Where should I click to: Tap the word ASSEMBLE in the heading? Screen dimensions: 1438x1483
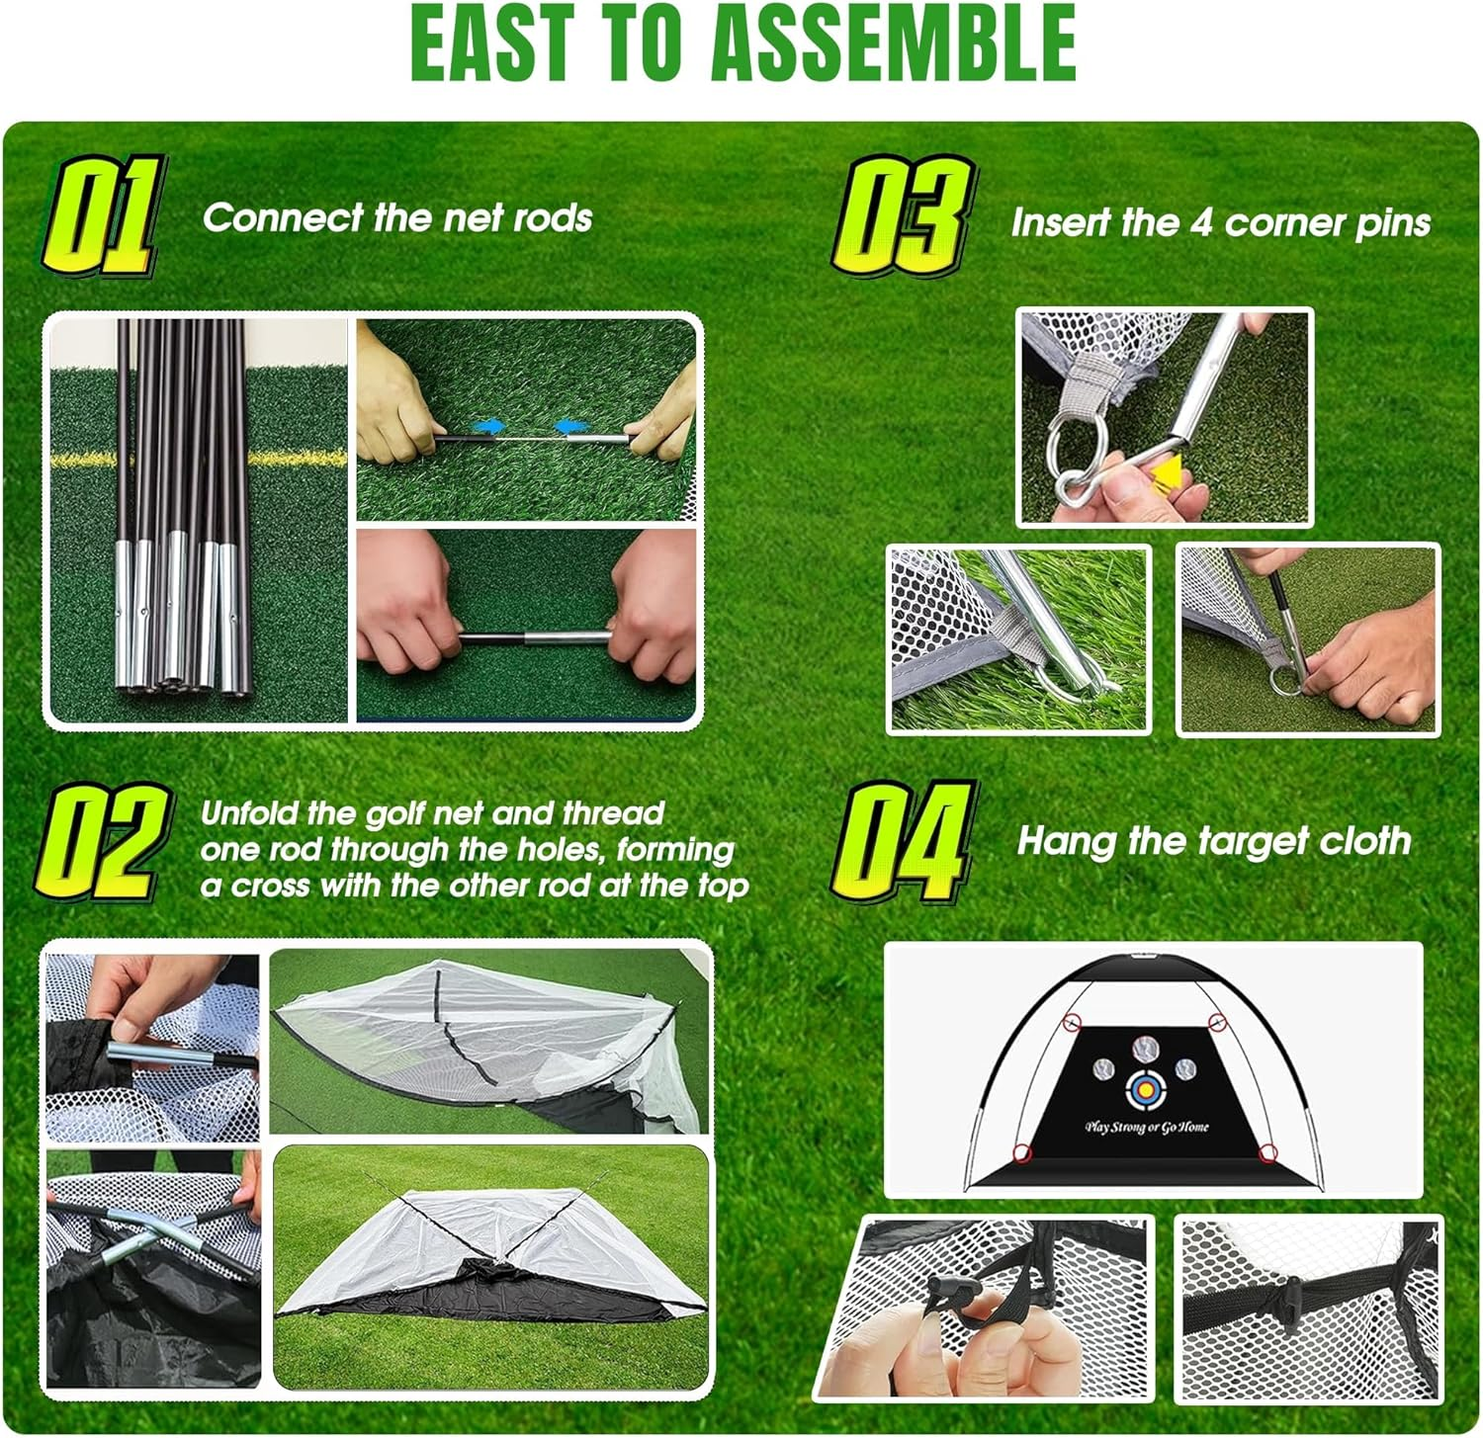tap(894, 43)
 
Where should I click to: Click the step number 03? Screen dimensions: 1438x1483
tap(902, 216)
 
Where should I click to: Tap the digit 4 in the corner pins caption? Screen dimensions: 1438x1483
tap(1200, 223)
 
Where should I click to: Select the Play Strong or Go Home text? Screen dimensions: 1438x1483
tap(1146, 1127)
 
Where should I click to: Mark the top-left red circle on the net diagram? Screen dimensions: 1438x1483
tap(1070, 1022)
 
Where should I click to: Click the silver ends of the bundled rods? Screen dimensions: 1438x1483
tap(178, 623)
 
